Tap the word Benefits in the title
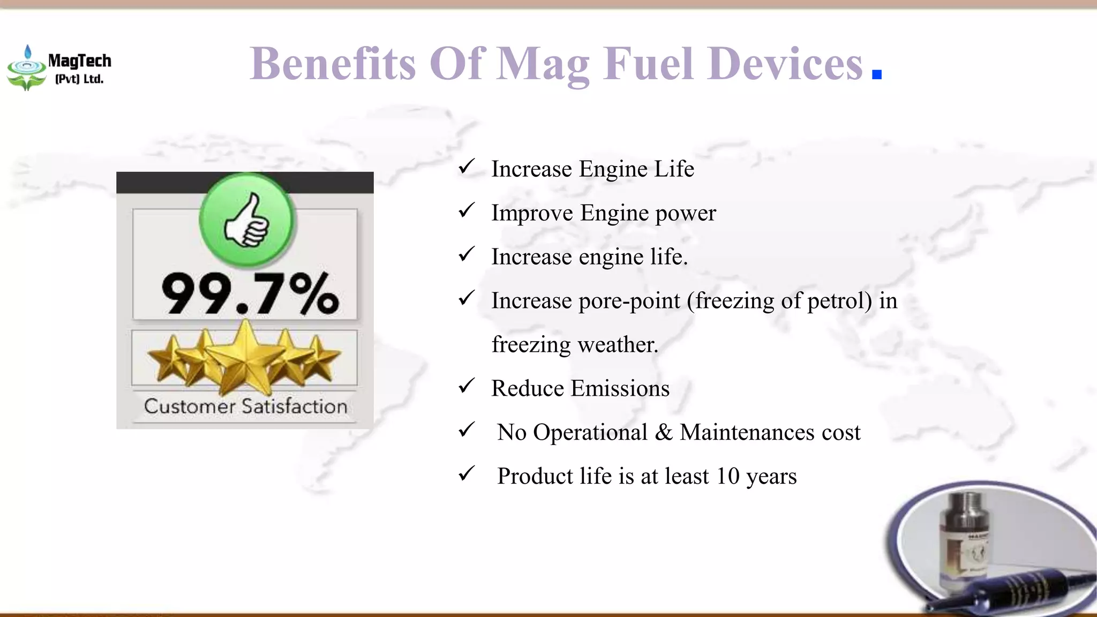[x=332, y=64]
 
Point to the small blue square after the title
[x=876, y=74]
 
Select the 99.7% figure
[x=250, y=294]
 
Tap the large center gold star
[x=245, y=356]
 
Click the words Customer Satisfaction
[x=245, y=406]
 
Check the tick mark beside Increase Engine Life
[x=467, y=167]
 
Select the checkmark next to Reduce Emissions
[x=467, y=386]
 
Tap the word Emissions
[x=620, y=388]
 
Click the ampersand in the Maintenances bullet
[x=663, y=432]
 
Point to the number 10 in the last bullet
[x=727, y=476]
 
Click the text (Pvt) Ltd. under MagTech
[x=79, y=79]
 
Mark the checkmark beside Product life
[x=467, y=473]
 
